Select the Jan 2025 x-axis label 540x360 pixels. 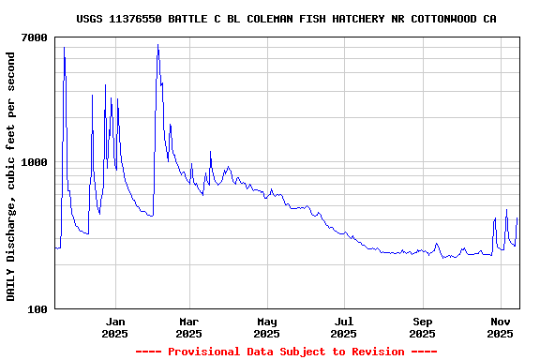(x=114, y=327)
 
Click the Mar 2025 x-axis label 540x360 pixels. (x=188, y=327)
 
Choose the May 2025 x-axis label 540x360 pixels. (x=266, y=327)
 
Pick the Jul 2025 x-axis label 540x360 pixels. (x=344, y=327)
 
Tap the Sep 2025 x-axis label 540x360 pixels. (x=423, y=327)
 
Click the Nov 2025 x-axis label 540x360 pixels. (x=501, y=327)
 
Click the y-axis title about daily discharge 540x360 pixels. (x=11, y=176)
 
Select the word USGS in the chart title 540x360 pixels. (x=90, y=19)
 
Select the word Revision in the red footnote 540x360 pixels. (x=374, y=352)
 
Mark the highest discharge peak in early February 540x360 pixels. (x=157, y=45)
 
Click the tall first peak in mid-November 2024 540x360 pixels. (x=64, y=48)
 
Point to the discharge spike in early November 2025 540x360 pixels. (x=506, y=210)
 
